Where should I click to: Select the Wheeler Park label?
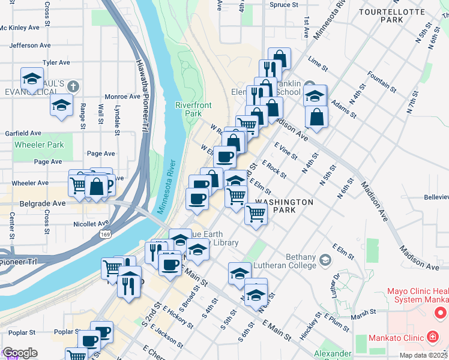coord(39,145)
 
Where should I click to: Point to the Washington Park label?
coord(283,206)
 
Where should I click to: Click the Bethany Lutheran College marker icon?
coord(325,260)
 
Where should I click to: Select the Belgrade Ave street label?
coord(41,203)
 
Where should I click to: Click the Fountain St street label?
coord(382,81)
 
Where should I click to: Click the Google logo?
coord(20,353)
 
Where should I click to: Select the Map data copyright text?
coord(423,355)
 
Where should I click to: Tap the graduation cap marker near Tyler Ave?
coord(32,79)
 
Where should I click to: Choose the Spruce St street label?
coord(284,5)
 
